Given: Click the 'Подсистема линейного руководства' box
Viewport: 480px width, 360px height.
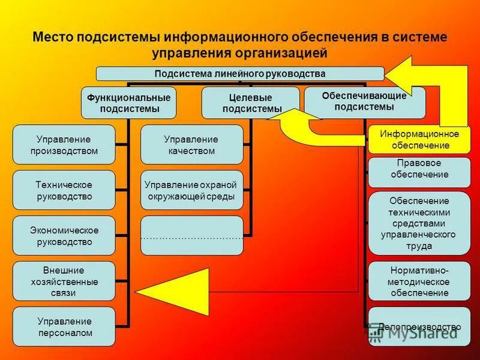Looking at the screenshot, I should coord(240,74).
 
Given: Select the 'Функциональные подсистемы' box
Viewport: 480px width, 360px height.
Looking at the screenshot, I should coord(128,103).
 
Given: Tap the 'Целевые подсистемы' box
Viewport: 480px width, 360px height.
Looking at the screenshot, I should coord(250,103).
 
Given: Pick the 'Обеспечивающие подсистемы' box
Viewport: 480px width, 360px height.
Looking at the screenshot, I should coord(364,101).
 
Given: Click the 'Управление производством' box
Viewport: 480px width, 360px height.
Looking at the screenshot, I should coord(64,145).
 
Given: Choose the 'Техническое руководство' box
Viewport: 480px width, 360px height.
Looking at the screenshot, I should coord(64,190).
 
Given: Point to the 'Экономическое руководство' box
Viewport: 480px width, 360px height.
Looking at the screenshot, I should coord(64,236).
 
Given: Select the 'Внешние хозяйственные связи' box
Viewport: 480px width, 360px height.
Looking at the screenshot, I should coord(64,281).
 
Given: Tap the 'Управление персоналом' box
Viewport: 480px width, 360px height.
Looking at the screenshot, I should coord(64,326).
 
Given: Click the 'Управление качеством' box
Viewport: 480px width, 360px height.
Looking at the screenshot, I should coord(191,145).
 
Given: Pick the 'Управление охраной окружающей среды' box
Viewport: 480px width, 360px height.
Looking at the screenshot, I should coord(191,190).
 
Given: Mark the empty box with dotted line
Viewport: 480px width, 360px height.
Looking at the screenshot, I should coord(191,235).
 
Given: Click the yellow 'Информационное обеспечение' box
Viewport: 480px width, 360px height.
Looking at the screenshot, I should coord(418,139).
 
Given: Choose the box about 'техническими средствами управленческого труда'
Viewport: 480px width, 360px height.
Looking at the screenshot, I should coord(418,223).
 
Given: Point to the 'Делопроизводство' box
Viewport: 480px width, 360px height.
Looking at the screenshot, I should coord(418,327).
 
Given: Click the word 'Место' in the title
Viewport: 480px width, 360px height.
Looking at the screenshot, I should coord(54,37).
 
